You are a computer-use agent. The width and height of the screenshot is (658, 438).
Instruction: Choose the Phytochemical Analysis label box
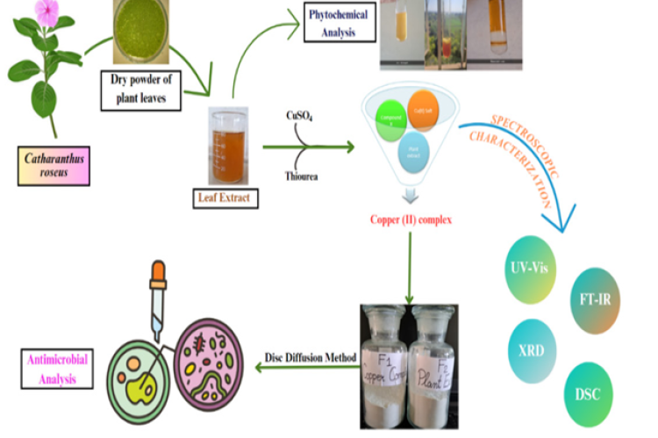coord(337,23)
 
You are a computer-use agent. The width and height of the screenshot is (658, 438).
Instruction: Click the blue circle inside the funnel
coord(411,148)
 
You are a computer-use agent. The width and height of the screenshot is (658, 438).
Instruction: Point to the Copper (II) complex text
coord(410,219)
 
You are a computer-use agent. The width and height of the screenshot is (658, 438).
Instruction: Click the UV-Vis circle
coord(532,266)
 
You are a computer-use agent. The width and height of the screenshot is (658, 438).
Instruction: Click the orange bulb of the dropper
coord(159,275)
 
